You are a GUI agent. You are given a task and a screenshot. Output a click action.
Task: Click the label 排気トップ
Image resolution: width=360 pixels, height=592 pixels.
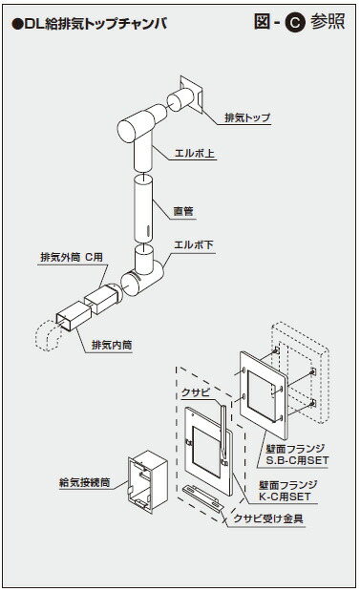(246, 117)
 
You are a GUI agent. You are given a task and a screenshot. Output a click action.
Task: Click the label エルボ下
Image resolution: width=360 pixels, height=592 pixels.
(194, 245)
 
